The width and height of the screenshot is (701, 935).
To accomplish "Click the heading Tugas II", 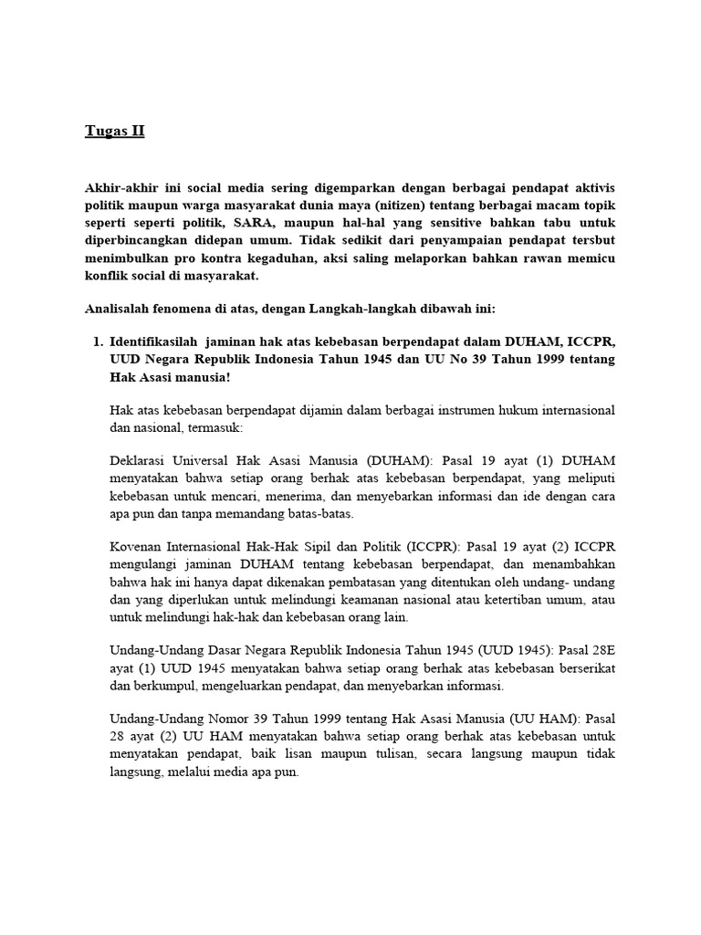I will click(x=114, y=131).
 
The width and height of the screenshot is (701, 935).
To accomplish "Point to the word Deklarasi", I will click(x=138, y=461).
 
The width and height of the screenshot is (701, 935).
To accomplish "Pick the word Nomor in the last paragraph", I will click(x=246, y=720).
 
